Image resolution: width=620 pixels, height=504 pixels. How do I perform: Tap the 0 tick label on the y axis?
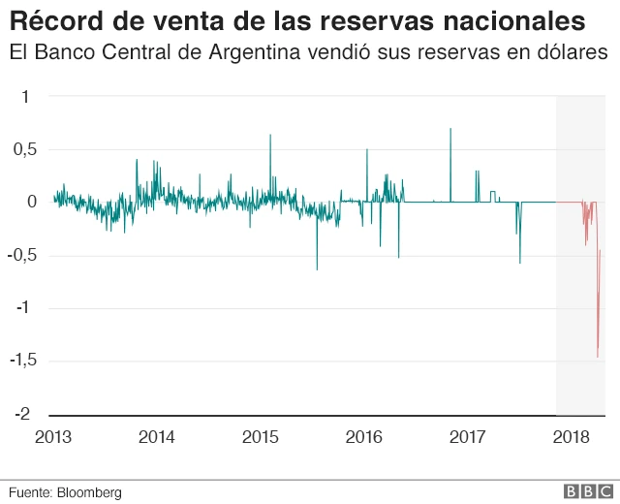pyautogui.click(x=31, y=203)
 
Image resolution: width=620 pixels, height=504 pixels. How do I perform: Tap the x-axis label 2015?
pyautogui.click(x=261, y=437)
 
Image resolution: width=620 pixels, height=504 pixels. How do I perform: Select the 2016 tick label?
pyautogui.click(x=364, y=437)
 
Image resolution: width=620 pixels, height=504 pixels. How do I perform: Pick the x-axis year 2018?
pyautogui.click(x=572, y=437)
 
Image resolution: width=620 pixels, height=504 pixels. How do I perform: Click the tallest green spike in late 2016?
pyautogui.click(x=450, y=129)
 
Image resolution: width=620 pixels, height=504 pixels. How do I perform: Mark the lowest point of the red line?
pyautogui.click(x=598, y=357)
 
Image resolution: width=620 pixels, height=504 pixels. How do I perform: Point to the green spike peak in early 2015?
pyautogui.click(x=270, y=136)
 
